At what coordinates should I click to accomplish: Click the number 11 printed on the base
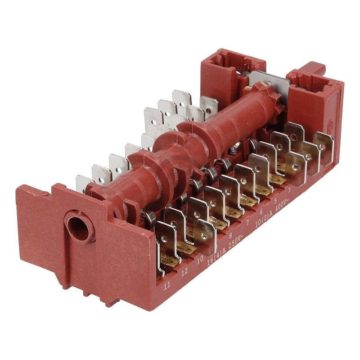tap(167, 285)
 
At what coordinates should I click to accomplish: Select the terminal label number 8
tap(230, 234)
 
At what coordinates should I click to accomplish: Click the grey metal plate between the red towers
tap(265, 81)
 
